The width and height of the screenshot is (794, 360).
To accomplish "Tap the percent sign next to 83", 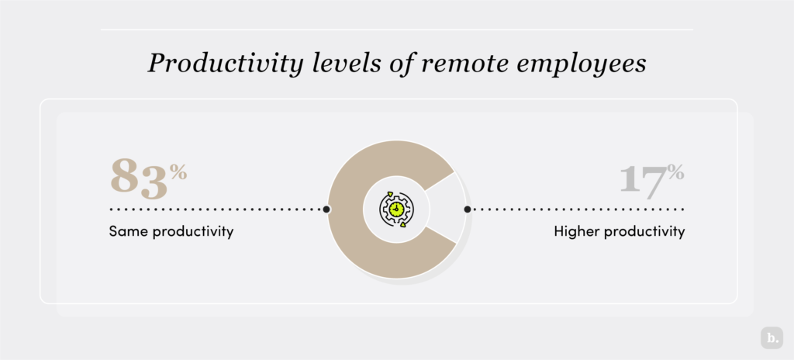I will click(179, 171).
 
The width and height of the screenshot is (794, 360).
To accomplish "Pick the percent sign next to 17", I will click(676, 171).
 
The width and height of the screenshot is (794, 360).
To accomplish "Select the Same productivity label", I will click(171, 231).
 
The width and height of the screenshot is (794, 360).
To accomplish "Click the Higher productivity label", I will click(620, 231).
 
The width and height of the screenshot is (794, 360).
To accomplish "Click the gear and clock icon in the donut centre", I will click(396, 209).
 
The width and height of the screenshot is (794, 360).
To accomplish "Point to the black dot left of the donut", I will click(326, 209).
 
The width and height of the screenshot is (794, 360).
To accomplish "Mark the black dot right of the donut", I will click(467, 209).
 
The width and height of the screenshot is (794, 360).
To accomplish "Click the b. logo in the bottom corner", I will click(772, 338).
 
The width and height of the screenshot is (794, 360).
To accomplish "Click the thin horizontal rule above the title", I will click(396, 29).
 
